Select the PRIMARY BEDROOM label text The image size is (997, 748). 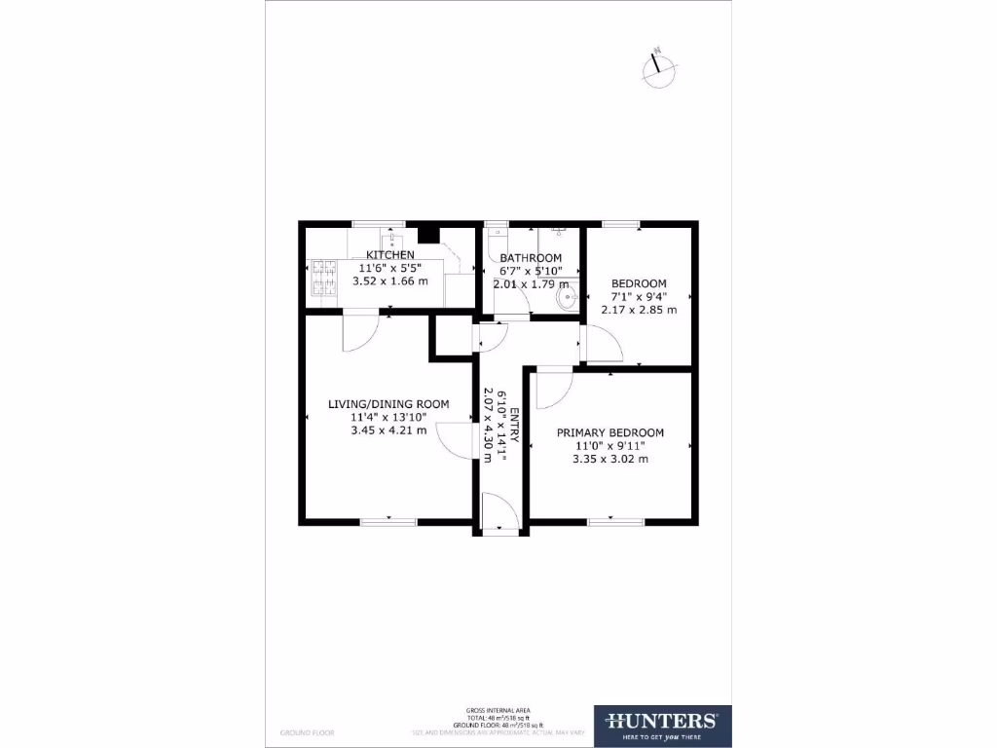609,432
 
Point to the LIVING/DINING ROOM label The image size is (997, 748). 388,404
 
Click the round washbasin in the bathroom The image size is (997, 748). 566,301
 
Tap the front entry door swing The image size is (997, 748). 498,512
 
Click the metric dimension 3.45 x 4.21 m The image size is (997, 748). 388,430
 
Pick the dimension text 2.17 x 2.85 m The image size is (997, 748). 638,310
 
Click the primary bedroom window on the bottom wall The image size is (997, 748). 615,522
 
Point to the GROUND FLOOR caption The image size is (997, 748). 302,730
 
